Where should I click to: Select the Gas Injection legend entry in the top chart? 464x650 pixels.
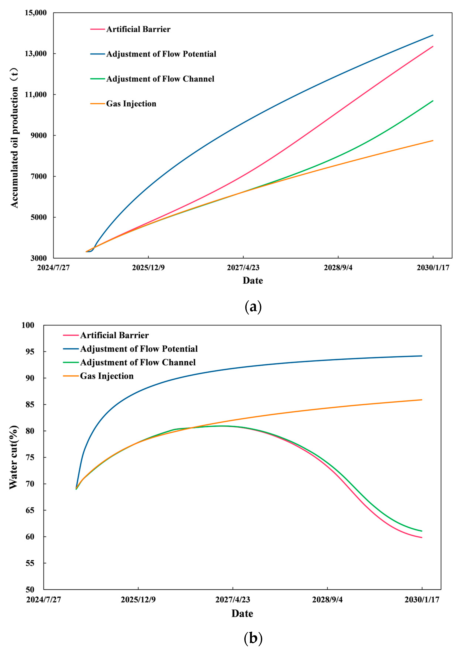[131, 104]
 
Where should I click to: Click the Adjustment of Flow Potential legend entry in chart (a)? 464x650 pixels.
[161, 54]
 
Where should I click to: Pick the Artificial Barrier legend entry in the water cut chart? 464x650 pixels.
[114, 335]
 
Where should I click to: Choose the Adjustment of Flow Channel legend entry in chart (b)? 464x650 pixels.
[138, 362]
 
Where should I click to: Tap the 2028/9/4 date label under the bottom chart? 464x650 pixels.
[327, 599]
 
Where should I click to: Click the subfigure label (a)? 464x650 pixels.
[253, 307]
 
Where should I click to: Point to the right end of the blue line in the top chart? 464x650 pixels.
[433, 35]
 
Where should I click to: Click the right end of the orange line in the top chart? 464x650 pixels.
[433, 140]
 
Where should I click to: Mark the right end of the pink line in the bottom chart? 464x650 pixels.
[422, 538]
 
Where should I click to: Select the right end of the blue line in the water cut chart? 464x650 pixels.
[422, 356]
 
